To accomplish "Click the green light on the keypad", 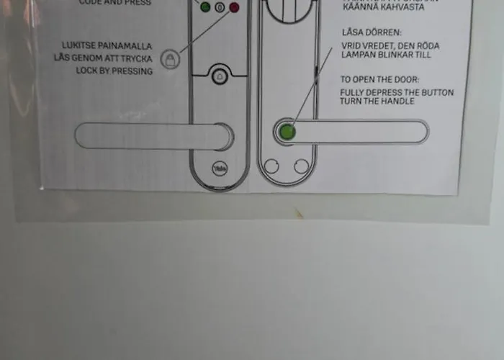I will tap(205, 8).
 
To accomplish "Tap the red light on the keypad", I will tap(233, 8).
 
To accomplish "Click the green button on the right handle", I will tap(287, 132).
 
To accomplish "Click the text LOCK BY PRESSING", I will tap(114, 71).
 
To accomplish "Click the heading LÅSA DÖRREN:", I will tap(371, 33).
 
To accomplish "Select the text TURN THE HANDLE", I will tap(377, 102).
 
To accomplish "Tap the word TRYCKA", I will tap(136, 57).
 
